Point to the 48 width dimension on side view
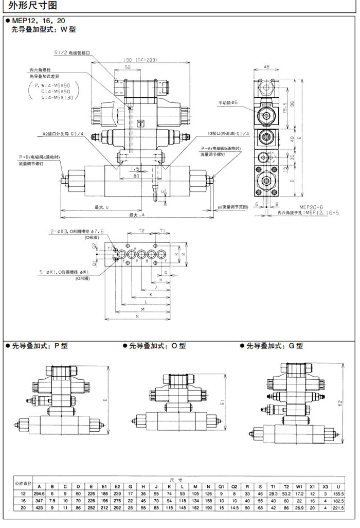(266, 67)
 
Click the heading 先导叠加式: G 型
(274, 346)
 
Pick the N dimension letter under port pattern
(138, 316)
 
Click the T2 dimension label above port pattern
(141, 231)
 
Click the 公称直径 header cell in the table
(23, 484)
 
